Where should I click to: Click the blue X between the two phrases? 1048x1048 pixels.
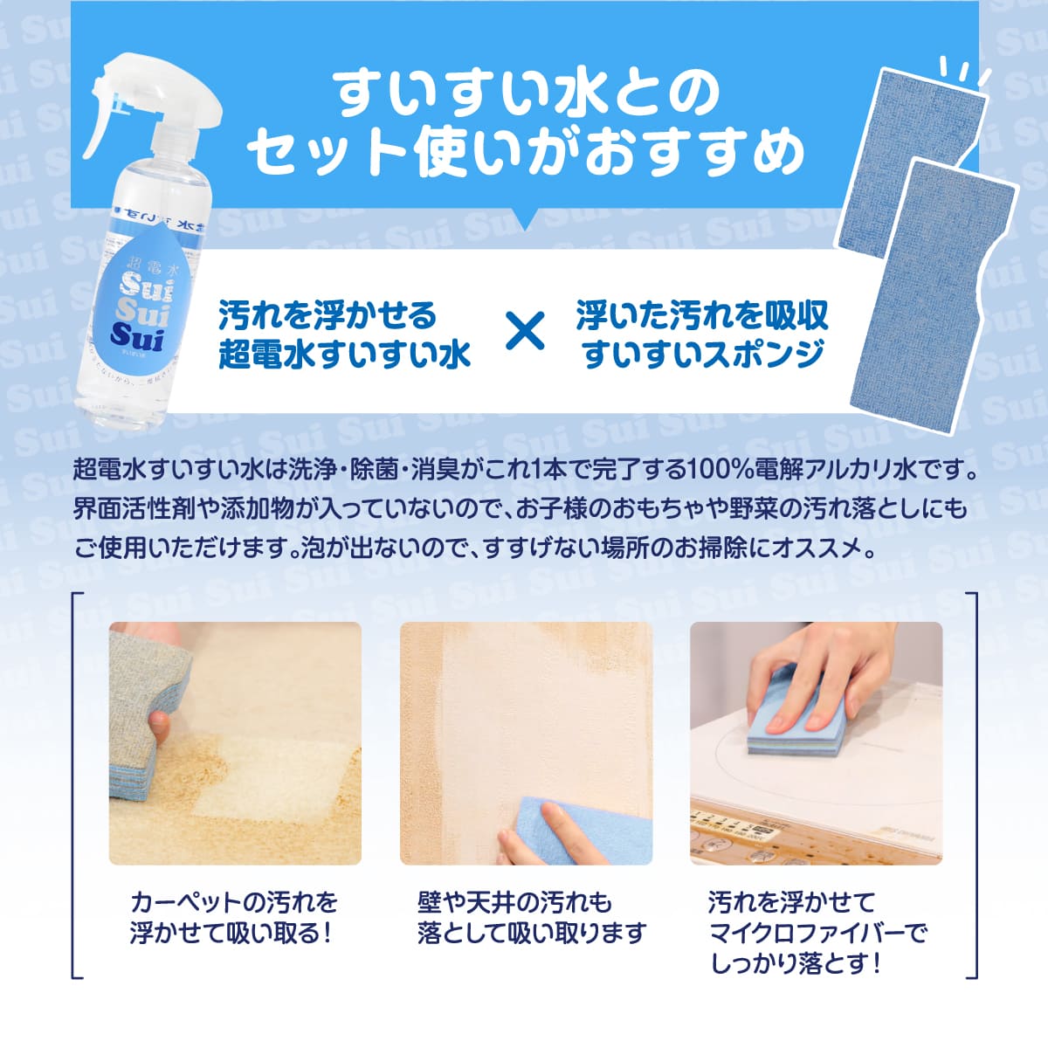[525, 333]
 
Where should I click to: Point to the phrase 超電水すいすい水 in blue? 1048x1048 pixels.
[344, 354]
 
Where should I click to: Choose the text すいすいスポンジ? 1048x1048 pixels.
[703, 354]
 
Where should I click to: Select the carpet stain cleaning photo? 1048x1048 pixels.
[235, 743]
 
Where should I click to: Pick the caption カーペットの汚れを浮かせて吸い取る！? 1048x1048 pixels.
[233, 917]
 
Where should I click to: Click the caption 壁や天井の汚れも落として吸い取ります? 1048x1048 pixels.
[531, 917]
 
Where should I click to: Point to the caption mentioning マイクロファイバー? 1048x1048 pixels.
[817, 933]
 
